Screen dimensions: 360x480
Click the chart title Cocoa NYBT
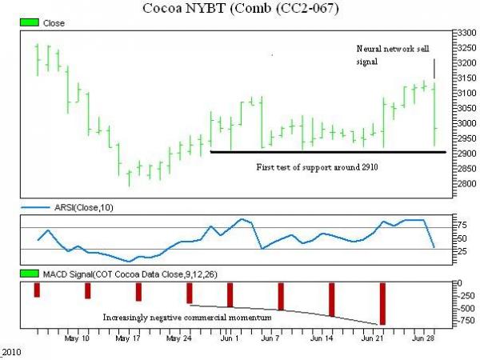click(x=240, y=10)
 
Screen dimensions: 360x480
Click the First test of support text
click(x=316, y=168)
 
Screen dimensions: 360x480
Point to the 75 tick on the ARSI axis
click(x=461, y=228)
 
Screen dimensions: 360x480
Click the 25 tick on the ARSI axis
click(x=461, y=250)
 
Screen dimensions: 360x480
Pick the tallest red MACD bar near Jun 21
click(x=382, y=303)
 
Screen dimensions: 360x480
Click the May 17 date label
click(x=128, y=338)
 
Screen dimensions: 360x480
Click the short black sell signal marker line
click(x=434, y=68)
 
